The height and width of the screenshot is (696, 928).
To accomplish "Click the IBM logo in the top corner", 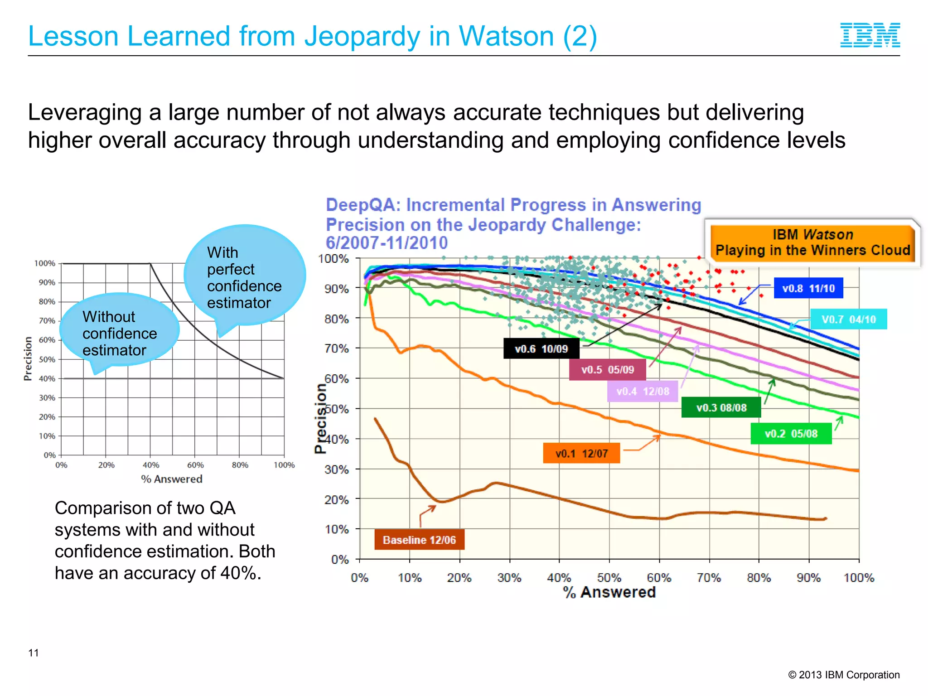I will [x=870, y=35].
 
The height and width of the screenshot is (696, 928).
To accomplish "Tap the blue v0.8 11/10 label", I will [x=808, y=288].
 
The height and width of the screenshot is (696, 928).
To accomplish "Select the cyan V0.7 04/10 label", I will [x=848, y=319].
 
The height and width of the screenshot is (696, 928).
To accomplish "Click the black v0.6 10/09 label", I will [x=541, y=348].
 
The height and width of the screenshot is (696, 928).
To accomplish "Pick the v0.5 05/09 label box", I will [x=607, y=369].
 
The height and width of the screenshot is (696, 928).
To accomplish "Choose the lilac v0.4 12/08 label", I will [x=642, y=391].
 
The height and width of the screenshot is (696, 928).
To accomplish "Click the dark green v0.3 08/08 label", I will [x=721, y=407].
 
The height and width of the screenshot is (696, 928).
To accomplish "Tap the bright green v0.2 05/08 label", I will [x=791, y=434].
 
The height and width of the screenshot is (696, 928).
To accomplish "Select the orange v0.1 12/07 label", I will [x=581, y=453].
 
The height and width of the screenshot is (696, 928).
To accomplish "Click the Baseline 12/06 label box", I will [x=419, y=540].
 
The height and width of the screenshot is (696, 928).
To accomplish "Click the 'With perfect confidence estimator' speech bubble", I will [x=244, y=277].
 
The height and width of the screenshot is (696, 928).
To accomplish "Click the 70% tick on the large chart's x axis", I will [x=709, y=578].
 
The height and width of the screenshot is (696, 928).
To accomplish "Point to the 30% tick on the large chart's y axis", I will [x=337, y=469].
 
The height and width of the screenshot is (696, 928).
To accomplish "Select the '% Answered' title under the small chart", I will [x=172, y=479].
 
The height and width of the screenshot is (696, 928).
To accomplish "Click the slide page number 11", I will [x=34, y=652].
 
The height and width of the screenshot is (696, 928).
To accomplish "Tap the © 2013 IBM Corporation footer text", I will [x=843, y=675].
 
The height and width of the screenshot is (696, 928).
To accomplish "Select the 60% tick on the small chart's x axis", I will [x=195, y=465].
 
